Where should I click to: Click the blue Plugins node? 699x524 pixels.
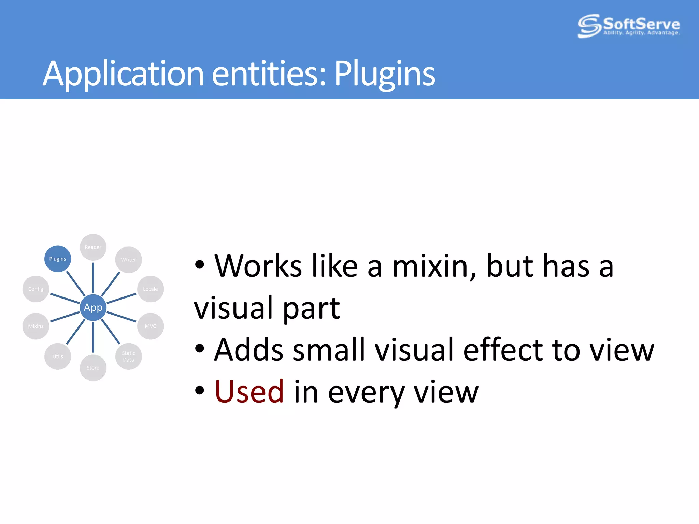[58, 259]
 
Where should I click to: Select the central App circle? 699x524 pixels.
[93, 307]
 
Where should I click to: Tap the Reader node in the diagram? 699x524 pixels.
[93, 247]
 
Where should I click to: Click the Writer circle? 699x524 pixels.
[128, 260]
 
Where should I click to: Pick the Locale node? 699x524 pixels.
[150, 289]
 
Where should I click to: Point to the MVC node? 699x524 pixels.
[150, 326]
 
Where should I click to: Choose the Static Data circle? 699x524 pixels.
[128, 356]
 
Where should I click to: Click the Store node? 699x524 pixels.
[93, 368]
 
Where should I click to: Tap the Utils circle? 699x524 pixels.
[58, 356]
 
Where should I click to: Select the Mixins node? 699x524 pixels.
[36, 326]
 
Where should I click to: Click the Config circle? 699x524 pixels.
[36, 289]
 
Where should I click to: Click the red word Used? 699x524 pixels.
[249, 392]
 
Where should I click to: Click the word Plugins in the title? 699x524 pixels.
[384, 74]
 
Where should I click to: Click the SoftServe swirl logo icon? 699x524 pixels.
[589, 26]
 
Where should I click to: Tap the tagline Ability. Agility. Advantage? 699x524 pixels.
[641, 33]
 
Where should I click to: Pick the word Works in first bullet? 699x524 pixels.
[258, 266]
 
